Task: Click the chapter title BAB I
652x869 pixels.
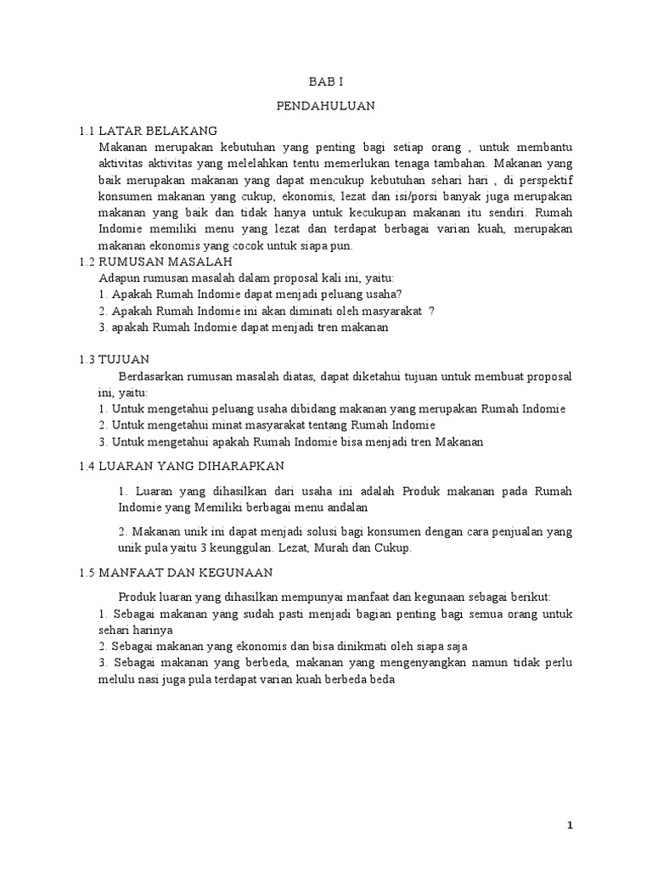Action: (325, 81)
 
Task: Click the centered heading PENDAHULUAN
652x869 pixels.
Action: (325, 106)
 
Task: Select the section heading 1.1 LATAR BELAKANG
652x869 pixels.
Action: (148, 131)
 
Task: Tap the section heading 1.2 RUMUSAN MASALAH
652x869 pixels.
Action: (155, 261)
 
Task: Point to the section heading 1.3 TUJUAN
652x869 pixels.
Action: (113, 360)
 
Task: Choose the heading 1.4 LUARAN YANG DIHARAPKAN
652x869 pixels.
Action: (181, 466)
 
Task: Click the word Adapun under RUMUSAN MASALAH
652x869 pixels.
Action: (119, 278)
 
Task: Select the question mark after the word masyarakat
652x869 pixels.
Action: (431, 311)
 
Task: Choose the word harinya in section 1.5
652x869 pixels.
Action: (154, 630)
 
